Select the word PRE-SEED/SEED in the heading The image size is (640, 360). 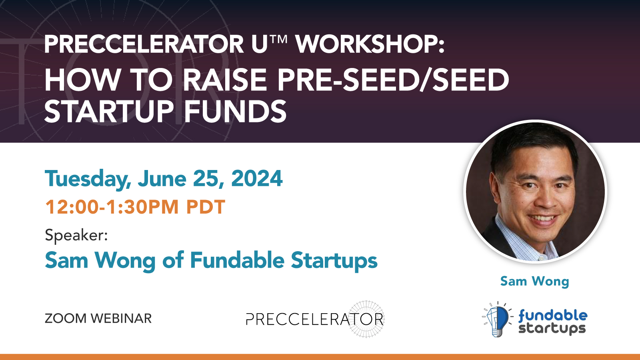[393, 80]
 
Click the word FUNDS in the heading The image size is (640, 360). [235, 112]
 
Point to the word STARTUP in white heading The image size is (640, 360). [109, 112]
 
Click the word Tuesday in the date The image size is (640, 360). [88, 179]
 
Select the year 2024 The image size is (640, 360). [257, 178]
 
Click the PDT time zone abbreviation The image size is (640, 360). [206, 207]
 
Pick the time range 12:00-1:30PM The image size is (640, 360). [112, 207]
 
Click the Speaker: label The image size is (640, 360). [76, 235]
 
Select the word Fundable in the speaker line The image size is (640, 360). [237, 260]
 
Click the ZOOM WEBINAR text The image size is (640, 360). [98, 318]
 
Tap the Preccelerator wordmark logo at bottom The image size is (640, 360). [304, 319]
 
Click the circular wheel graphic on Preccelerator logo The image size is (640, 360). [366, 319]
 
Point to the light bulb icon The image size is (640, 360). [497, 320]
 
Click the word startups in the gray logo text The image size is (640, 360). [552, 329]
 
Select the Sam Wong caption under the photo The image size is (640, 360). [534, 281]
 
